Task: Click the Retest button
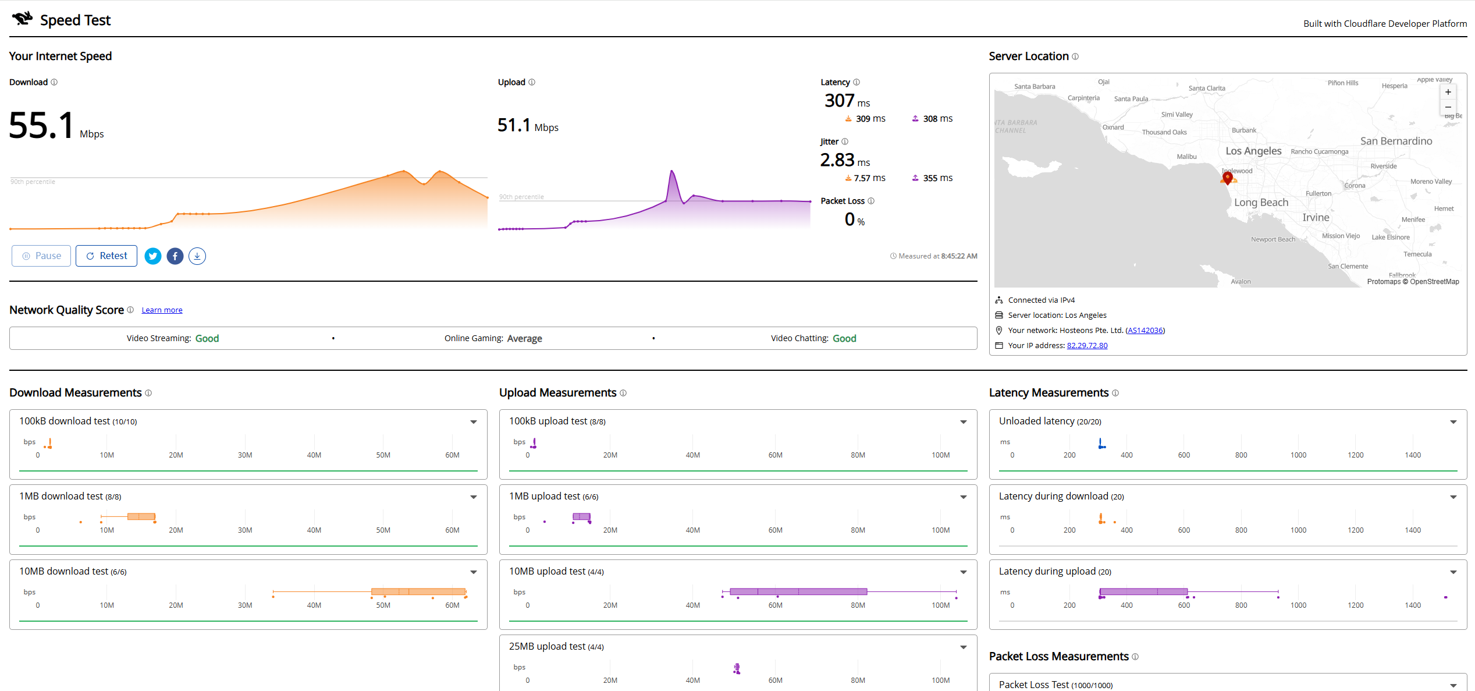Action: tap(106, 256)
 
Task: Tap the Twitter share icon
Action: tap(153, 256)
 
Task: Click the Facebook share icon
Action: tap(175, 256)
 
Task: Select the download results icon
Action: tap(197, 256)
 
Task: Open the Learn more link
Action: tap(162, 310)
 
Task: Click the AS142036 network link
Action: tap(1145, 331)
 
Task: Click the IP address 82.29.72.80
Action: tap(1087, 346)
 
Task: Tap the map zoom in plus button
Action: tap(1448, 92)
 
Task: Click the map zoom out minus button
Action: tap(1448, 107)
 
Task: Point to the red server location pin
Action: tap(1228, 177)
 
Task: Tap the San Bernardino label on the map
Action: tap(1396, 141)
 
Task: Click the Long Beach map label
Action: tap(1261, 203)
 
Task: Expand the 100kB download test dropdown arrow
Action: tap(474, 422)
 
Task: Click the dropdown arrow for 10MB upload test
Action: tap(964, 572)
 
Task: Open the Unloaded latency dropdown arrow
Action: tap(1453, 422)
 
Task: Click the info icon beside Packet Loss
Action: tap(871, 201)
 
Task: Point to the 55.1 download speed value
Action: tap(42, 125)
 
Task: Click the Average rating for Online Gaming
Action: tap(525, 339)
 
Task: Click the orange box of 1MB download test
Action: tap(141, 517)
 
